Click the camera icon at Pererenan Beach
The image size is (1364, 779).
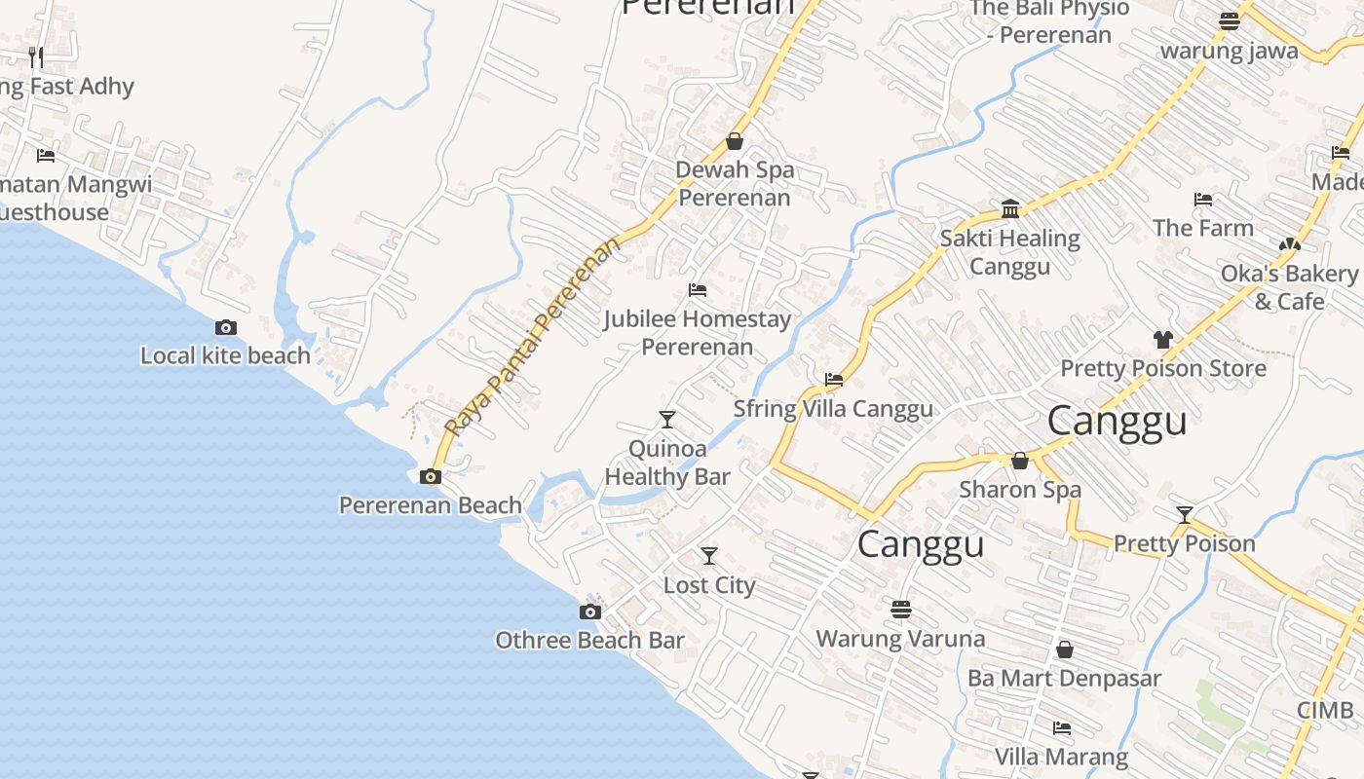(x=430, y=476)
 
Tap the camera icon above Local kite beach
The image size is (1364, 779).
(x=226, y=327)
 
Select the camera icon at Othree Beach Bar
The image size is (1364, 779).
(x=589, y=612)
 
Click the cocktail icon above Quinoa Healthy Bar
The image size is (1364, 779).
(x=666, y=420)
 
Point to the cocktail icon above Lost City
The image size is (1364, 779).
(x=709, y=556)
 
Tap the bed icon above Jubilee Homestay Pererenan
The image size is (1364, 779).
(x=697, y=290)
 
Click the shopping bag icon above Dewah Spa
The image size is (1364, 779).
(x=735, y=141)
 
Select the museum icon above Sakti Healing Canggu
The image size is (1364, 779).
(x=1010, y=209)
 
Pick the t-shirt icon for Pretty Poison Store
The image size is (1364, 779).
(x=1162, y=340)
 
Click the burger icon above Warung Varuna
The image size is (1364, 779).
(x=901, y=610)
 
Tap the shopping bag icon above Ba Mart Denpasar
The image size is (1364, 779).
(x=1065, y=649)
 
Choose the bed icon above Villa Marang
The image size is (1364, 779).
(x=1062, y=727)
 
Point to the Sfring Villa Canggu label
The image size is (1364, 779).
(x=833, y=408)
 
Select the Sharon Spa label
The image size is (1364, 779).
(x=1020, y=489)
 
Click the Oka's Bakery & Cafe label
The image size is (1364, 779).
(x=1289, y=287)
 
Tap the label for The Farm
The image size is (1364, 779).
(x=1203, y=228)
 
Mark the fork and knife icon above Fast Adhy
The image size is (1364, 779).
(x=36, y=56)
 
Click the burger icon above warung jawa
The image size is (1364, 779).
(x=1230, y=21)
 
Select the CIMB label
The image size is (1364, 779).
(x=1325, y=710)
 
